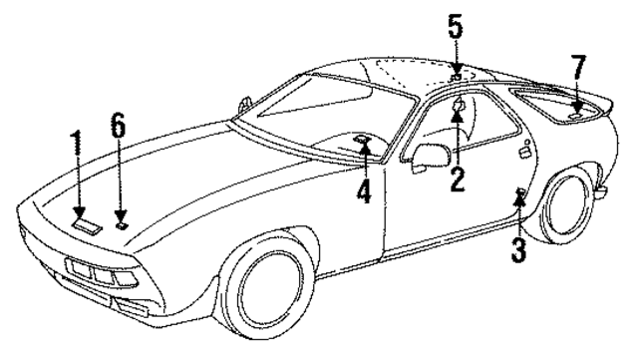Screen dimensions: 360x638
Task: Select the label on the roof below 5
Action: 455,75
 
